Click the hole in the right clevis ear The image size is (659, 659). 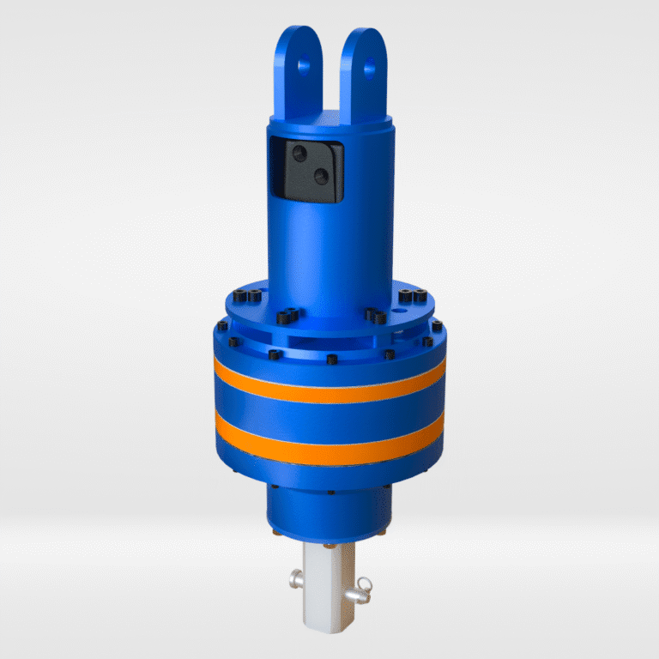coord(370,64)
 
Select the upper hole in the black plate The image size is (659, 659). coord(300,154)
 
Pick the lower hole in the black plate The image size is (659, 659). coord(321,176)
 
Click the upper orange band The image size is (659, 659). coord(329,384)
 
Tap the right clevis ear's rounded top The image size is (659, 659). coord(367,36)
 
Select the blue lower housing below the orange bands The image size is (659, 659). coord(329,506)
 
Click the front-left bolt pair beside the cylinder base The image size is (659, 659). coord(287,315)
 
